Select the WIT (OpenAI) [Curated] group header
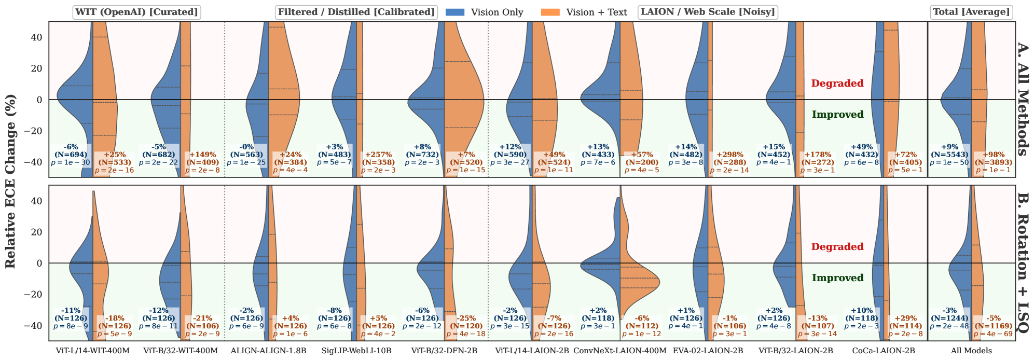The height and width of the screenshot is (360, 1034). (x=137, y=12)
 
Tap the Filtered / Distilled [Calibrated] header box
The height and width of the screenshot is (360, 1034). (x=356, y=12)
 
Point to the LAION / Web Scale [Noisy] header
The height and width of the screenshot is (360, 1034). (x=708, y=12)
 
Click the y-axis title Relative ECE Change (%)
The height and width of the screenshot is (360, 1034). (x=10, y=182)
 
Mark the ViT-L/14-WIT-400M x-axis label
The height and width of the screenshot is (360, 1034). (x=92, y=351)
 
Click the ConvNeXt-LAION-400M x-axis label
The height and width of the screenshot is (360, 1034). (x=619, y=351)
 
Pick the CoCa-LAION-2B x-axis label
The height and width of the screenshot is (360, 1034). (x=884, y=351)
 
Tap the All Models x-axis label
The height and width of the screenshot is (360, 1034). (x=971, y=351)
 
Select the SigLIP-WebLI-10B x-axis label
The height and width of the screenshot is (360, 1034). (x=356, y=351)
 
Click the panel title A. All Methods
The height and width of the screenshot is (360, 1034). (x=1022, y=99)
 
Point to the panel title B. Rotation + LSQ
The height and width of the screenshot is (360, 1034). (x=1022, y=263)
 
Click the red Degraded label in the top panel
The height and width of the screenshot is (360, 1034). (x=837, y=84)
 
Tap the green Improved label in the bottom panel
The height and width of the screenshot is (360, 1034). (x=837, y=278)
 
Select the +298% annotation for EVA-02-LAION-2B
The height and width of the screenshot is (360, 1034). (x=729, y=155)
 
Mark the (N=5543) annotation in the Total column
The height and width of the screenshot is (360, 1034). (x=949, y=155)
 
